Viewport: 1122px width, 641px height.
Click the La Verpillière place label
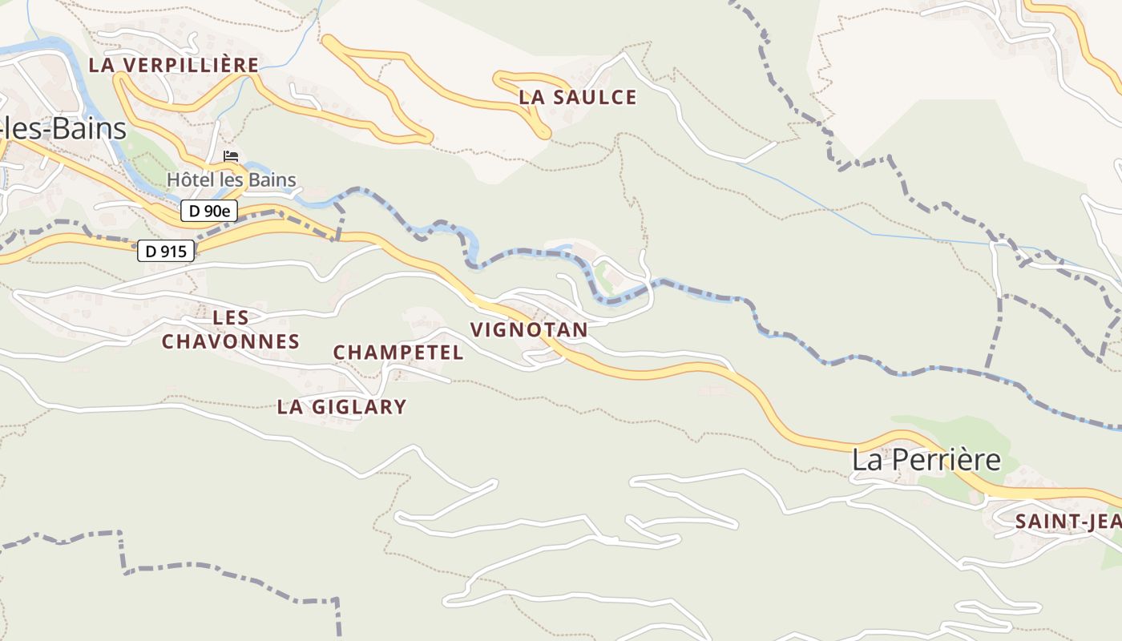pyautogui.click(x=174, y=66)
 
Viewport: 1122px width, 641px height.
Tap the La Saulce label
pyautogui.click(x=577, y=98)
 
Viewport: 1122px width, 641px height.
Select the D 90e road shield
pyautogui.click(x=208, y=212)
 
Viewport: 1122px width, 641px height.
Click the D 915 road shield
pyautogui.click(x=166, y=252)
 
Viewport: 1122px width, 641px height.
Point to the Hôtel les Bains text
pyautogui.click(x=231, y=180)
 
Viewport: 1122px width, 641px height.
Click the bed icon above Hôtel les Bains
pyautogui.click(x=231, y=156)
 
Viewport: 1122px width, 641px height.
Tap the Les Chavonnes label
pyautogui.click(x=231, y=329)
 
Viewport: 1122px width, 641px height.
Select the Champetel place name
pyautogui.click(x=398, y=353)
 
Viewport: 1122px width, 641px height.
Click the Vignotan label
pyautogui.click(x=529, y=329)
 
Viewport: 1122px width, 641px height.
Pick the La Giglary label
pyautogui.click(x=342, y=407)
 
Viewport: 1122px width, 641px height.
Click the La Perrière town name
pyautogui.click(x=926, y=460)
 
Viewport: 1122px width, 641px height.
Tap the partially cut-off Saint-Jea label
pyautogui.click(x=1068, y=522)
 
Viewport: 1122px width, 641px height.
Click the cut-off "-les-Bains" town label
pyautogui.click(x=63, y=128)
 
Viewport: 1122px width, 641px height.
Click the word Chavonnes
pyautogui.click(x=231, y=342)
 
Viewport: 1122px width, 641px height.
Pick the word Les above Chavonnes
pyautogui.click(x=231, y=317)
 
